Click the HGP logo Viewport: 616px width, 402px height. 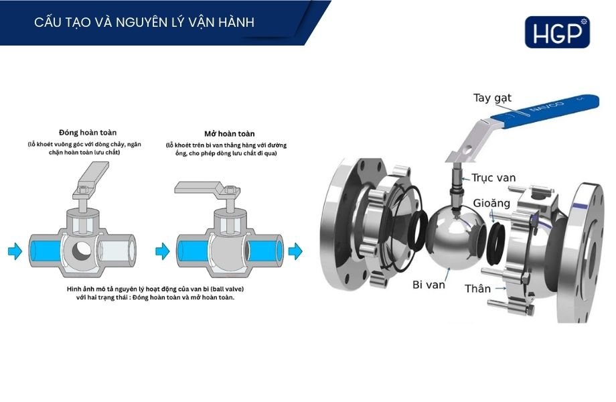(557, 32)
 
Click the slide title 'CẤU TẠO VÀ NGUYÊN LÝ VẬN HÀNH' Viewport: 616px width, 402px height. (144, 23)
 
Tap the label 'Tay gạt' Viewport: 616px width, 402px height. (492, 98)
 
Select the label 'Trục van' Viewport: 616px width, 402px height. (493, 178)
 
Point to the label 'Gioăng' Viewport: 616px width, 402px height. (491, 202)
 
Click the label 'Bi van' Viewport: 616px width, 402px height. (429, 285)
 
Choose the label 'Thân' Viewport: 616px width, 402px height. (477, 289)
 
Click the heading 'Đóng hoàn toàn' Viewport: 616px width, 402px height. (88, 132)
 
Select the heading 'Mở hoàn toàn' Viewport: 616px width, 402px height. (229, 133)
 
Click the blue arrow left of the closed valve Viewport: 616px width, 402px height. (15, 251)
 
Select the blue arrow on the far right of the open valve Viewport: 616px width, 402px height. (295, 251)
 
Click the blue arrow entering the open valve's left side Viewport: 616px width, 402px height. (162, 251)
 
